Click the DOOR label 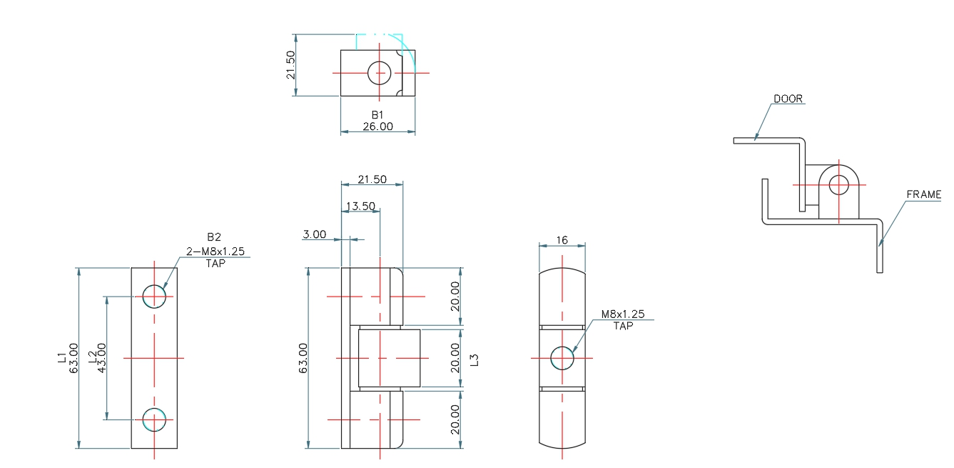pyautogui.click(x=788, y=99)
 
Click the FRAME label pyautogui.click(x=923, y=194)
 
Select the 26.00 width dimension pyautogui.click(x=377, y=126)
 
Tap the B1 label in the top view pyautogui.click(x=377, y=115)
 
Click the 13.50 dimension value pyautogui.click(x=360, y=206)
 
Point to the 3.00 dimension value pyautogui.click(x=314, y=234)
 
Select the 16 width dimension pyautogui.click(x=562, y=240)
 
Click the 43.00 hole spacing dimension pyautogui.click(x=101, y=357)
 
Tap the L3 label pyautogui.click(x=475, y=359)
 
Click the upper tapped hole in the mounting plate pyautogui.click(x=154, y=296)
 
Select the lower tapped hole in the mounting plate pyautogui.click(x=154, y=419)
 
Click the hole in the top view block pyautogui.click(x=380, y=72)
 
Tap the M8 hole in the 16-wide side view pyautogui.click(x=562, y=358)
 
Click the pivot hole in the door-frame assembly pyautogui.click(x=839, y=184)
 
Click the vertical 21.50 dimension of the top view pyautogui.click(x=290, y=65)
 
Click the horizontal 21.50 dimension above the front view pyautogui.click(x=372, y=179)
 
